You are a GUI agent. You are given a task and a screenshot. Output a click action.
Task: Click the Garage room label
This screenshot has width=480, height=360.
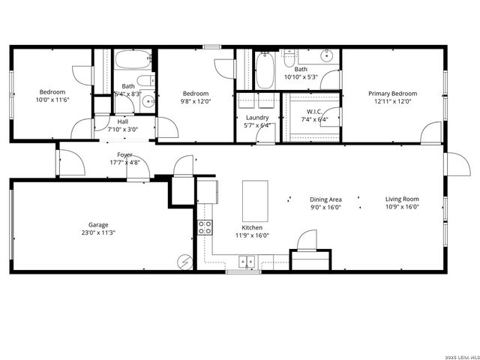coord(98,224)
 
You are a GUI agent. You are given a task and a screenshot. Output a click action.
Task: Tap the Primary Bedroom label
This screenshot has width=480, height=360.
coord(392,94)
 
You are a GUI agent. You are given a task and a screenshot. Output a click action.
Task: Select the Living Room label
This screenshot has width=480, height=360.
coord(402,199)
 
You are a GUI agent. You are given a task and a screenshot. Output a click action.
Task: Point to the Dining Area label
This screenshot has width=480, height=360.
coord(325,199)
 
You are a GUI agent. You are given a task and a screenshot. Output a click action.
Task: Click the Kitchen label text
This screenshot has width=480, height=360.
coord(251,227)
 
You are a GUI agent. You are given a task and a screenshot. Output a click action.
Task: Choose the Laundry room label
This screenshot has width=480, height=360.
coord(257,118)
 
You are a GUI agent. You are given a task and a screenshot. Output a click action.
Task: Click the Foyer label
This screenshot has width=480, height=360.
coord(124,154)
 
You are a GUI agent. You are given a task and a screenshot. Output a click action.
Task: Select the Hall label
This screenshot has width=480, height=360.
coord(123,121)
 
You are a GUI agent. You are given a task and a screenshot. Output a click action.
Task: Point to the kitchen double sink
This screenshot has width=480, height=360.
coord(246,262)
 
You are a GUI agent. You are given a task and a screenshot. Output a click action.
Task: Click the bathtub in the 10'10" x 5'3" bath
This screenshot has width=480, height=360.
coord(264,70)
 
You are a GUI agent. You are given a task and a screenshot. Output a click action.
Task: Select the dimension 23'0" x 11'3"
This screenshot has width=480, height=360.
coord(98,232)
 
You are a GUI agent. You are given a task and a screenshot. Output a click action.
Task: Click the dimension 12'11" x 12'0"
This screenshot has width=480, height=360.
coord(392,101)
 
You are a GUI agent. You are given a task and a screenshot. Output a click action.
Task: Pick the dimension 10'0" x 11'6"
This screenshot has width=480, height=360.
coord(52,100)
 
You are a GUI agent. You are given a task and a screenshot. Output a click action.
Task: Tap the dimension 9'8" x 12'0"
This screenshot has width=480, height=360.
coord(196,101)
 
